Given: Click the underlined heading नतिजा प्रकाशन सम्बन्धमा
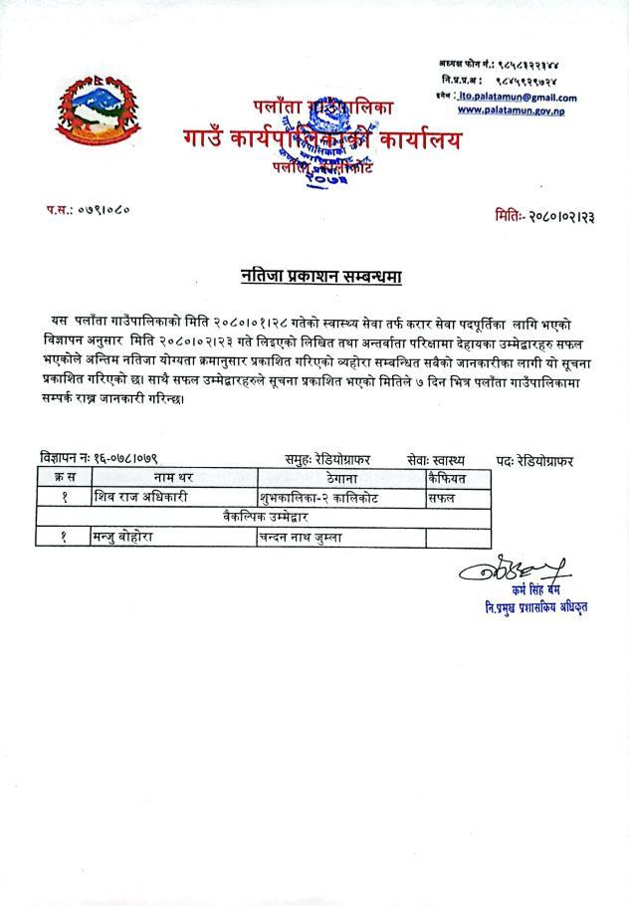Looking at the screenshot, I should [320, 275].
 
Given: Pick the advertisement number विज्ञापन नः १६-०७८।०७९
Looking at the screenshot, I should [100, 460].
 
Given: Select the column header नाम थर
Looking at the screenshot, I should [172, 478].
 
